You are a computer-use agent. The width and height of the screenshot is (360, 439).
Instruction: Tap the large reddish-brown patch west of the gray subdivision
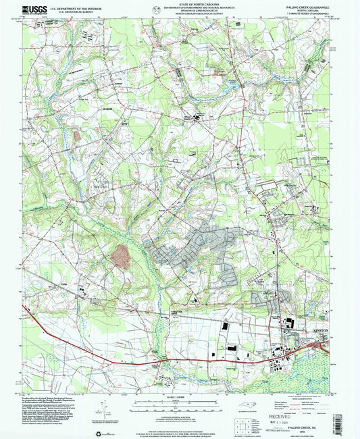coord(122,256)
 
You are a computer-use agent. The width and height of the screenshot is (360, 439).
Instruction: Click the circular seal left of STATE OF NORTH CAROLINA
coord(157,9)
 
